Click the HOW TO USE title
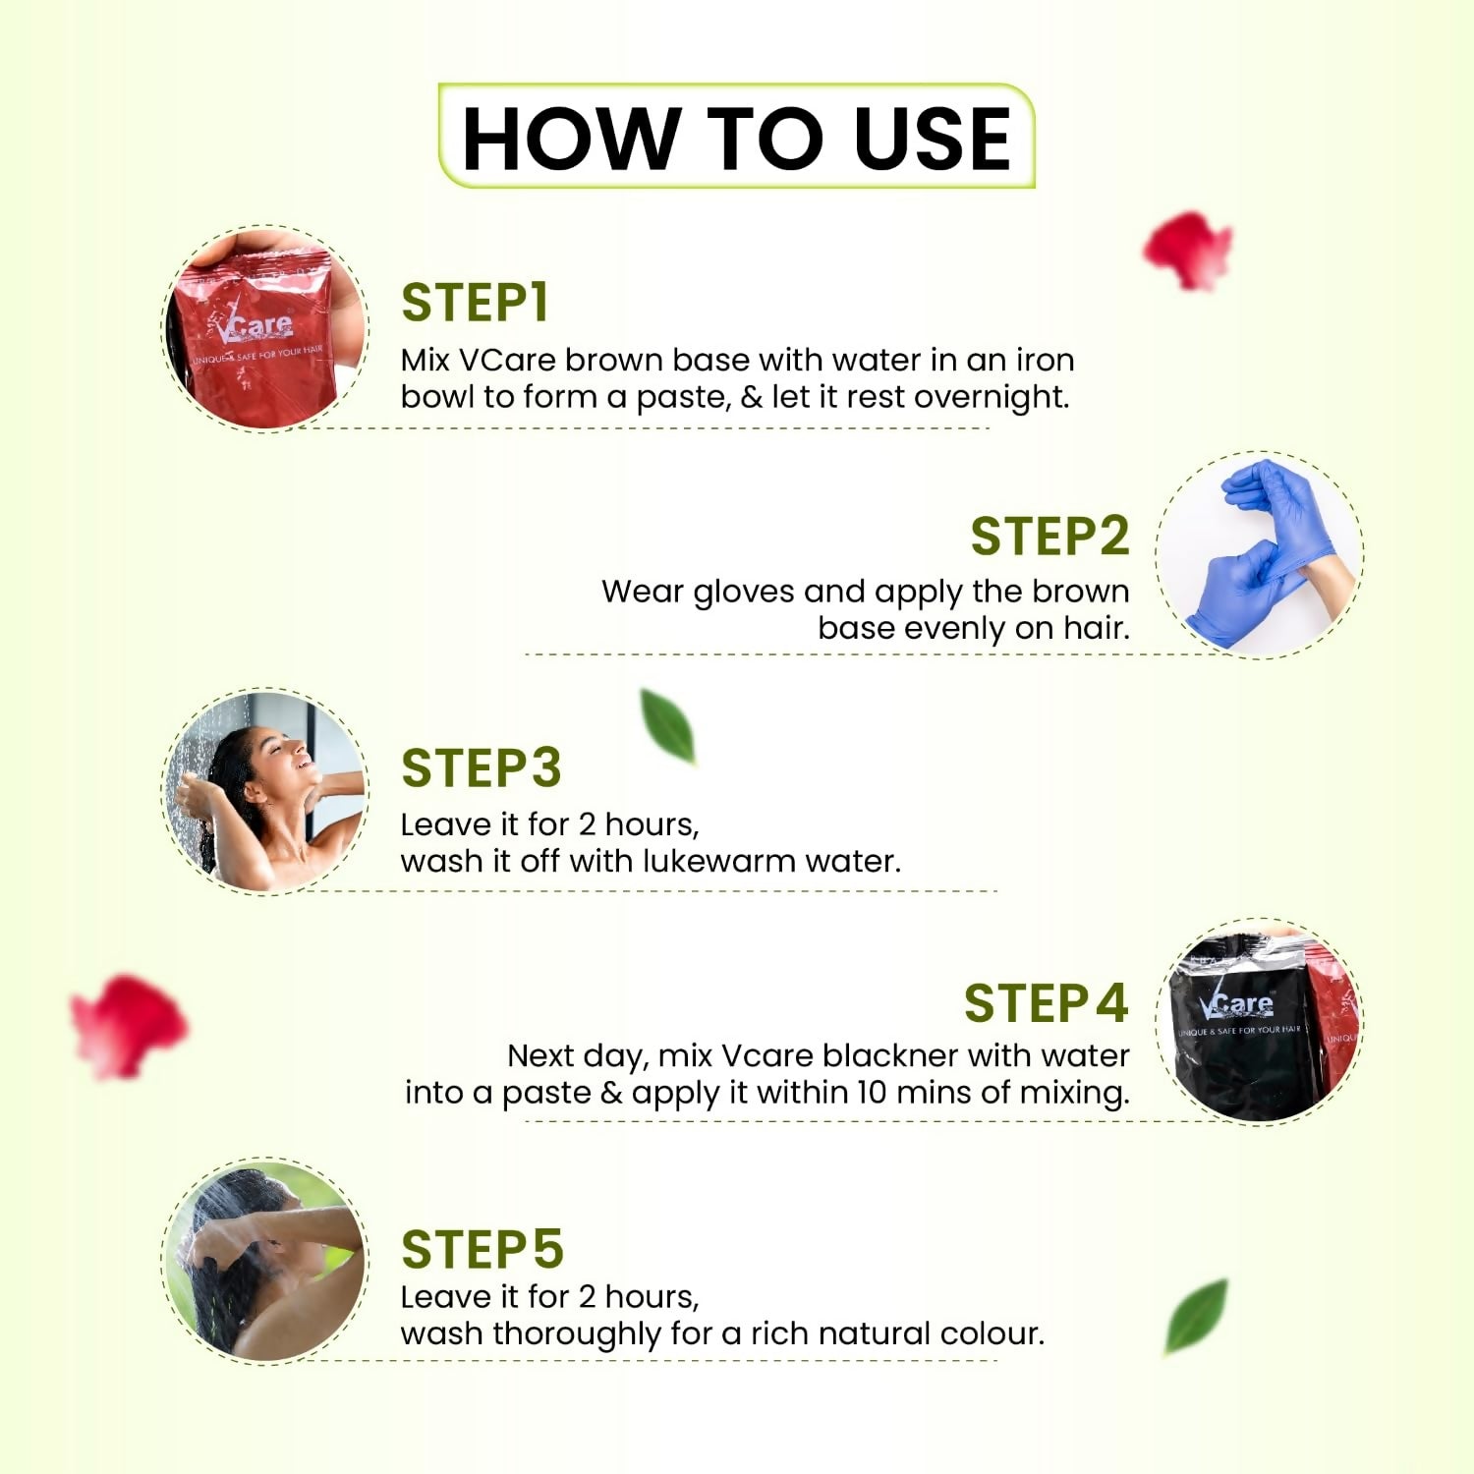pyautogui.click(x=736, y=138)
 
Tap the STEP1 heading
pyautogui.click(x=475, y=303)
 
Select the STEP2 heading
pyautogui.click(x=1049, y=537)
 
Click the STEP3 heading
pyautogui.click(x=481, y=768)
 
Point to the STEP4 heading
pyautogui.click(x=1045, y=1003)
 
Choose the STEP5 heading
pyautogui.click(x=482, y=1250)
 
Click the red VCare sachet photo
pyautogui.click(x=264, y=330)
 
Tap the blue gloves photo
pyautogui.click(x=1260, y=554)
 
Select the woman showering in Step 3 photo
pyautogui.click(x=264, y=792)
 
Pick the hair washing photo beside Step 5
pyautogui.click(x=264, y=1262)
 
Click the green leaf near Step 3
pyautogui.click(x=668, y=726)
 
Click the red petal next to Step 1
pyautogui.click(x=1189, y=250)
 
